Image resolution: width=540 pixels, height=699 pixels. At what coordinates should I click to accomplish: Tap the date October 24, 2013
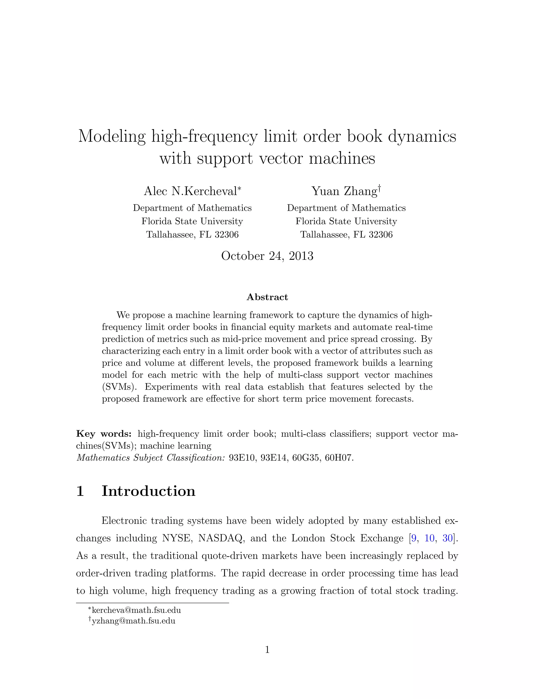tap(267, 256)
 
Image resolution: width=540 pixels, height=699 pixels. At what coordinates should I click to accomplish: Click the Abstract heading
tap(267, 297)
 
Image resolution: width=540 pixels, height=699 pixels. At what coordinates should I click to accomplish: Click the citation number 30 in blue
tap(447, 538)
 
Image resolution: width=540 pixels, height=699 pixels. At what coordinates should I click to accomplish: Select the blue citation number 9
tap(414, 538)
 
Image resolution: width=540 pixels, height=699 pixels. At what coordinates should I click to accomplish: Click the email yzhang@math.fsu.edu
tap(133, 621)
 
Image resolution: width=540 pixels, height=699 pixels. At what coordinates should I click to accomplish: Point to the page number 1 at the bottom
tap(267, 650)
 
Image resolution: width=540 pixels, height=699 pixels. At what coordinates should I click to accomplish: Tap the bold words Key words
tap(104, 434)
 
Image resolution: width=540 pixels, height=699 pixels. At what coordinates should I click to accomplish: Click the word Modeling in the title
tap(112, 136)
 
